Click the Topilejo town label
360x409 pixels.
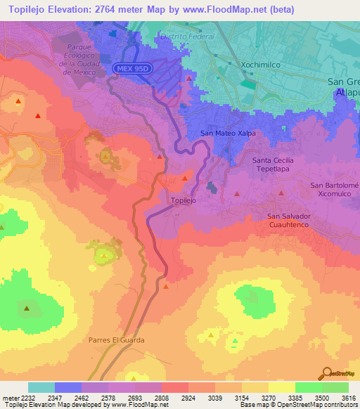[x=184, y=200]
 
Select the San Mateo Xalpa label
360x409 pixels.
[x=227, y=133]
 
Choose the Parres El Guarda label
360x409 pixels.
[x=117, y=340]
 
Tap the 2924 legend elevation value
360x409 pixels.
[x=188, y=397]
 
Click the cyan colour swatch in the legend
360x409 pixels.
[x=41, y=387]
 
